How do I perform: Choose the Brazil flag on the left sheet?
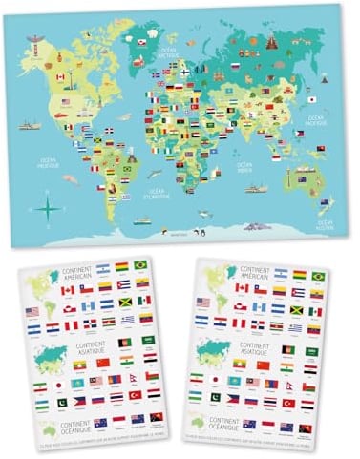139,265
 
